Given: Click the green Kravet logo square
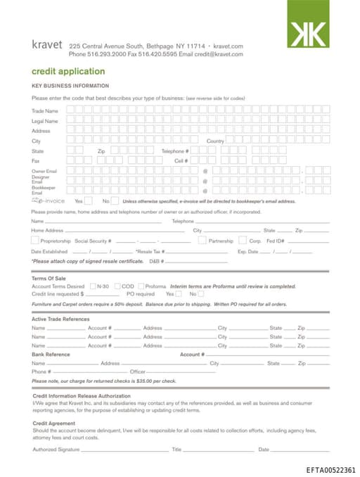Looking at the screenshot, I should pos(308,23).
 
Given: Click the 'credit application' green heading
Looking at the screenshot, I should pos(68,71).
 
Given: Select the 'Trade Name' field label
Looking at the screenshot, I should pos(45,111).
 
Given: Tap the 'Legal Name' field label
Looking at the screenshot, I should pos(45,121).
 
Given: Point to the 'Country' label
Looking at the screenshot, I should pos(215,141).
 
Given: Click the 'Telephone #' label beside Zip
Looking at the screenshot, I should pos(175,151).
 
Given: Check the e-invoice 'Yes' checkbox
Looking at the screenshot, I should pos(88,201).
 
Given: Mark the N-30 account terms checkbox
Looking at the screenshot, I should pos(91,286).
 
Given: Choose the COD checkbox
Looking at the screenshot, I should pos(117,286).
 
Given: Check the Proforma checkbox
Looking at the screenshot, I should pos(141,286).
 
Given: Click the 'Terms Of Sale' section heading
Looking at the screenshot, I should pos(49,279).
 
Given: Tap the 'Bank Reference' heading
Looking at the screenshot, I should pos(51,355).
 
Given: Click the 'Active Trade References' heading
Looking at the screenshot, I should pos(60,319).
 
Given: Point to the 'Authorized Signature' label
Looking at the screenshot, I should pos(56,449).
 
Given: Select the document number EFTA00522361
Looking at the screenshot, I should pos(330,470).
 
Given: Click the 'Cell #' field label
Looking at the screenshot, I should pos(181,161).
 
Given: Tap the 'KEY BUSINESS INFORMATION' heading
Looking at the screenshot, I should pos(70,85).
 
